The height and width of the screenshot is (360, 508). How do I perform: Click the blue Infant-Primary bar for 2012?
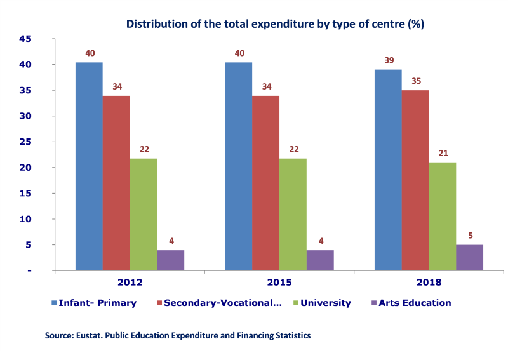(89, 166)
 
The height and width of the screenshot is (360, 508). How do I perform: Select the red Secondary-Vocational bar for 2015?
(265, 183)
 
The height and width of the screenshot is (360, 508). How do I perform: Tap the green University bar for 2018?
(442, 217)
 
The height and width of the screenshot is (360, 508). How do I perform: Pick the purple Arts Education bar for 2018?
(469, 258)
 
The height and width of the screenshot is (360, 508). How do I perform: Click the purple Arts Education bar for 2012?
(170, 260)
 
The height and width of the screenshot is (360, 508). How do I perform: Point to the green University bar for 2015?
(293, 214)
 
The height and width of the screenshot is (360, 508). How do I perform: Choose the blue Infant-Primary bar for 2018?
(387, 170)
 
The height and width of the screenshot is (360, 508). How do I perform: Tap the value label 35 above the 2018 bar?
(416, 81)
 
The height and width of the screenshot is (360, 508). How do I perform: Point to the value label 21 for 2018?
(443, 153)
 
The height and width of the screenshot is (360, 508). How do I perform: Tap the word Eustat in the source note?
(91, 335)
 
